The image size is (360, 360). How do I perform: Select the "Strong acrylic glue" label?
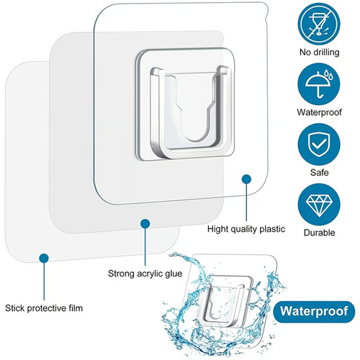coord(145,274)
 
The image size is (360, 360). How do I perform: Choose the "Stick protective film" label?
coord(44,308)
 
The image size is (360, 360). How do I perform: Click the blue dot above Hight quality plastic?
coord(246,177)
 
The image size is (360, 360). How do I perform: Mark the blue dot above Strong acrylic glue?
coord(145,224)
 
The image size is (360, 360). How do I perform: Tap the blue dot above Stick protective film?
coord(44,256)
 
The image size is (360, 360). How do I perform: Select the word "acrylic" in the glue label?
coord(149,274)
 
